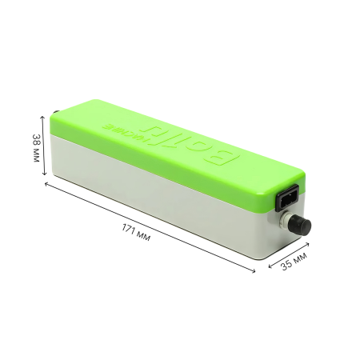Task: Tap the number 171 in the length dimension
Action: (129, 228)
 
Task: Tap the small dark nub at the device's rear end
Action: (54, 115)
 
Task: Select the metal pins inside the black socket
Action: (286, 196)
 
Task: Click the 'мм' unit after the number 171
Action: (143, 234)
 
